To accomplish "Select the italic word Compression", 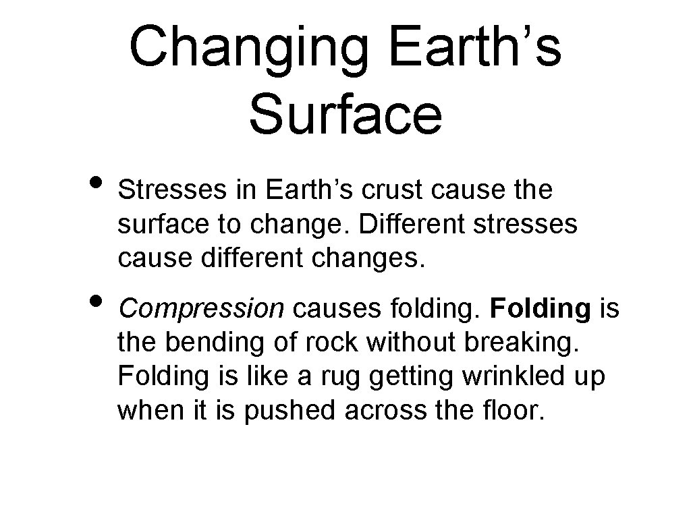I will tap(200, 309).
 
